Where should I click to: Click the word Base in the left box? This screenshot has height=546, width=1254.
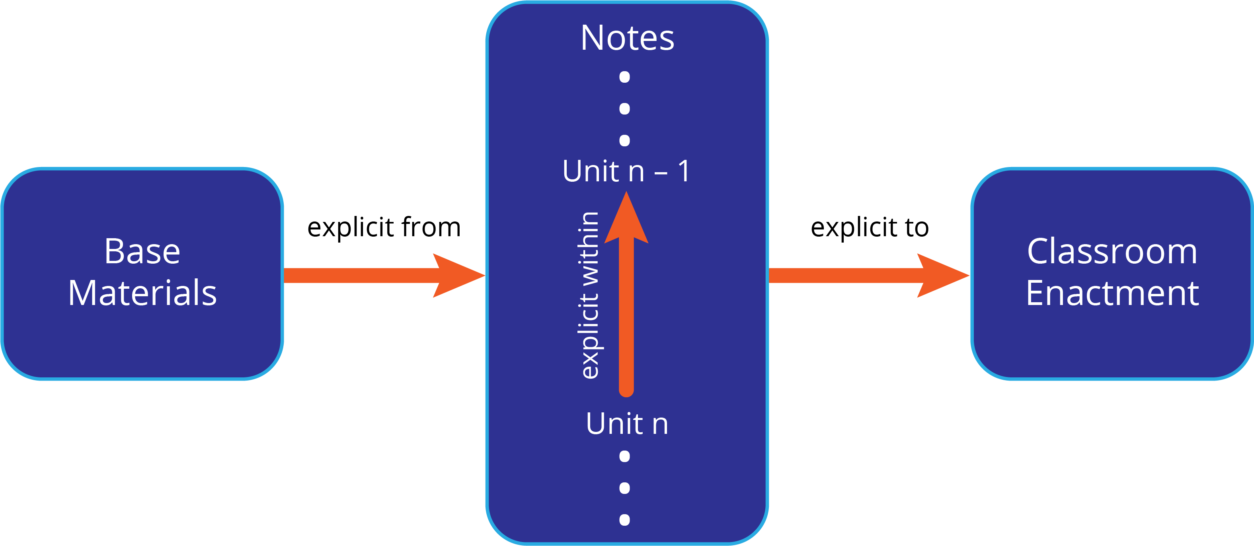142,252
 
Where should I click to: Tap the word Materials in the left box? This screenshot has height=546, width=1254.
142,293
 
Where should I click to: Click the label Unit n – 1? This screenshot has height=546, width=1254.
626,171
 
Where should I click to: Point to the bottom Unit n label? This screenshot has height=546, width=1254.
627,424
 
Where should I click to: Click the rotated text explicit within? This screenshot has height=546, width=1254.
589,295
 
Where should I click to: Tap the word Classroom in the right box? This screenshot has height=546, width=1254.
1112,252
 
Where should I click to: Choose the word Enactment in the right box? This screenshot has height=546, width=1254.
1112,293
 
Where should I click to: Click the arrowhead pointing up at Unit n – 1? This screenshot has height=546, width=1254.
626,219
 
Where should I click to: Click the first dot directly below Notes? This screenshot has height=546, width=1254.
624,77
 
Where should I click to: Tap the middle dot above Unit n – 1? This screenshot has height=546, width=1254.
624,109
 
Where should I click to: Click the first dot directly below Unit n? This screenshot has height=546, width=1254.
624,456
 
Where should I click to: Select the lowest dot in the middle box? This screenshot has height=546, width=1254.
624,520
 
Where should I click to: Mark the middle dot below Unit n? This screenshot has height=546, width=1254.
624,488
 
